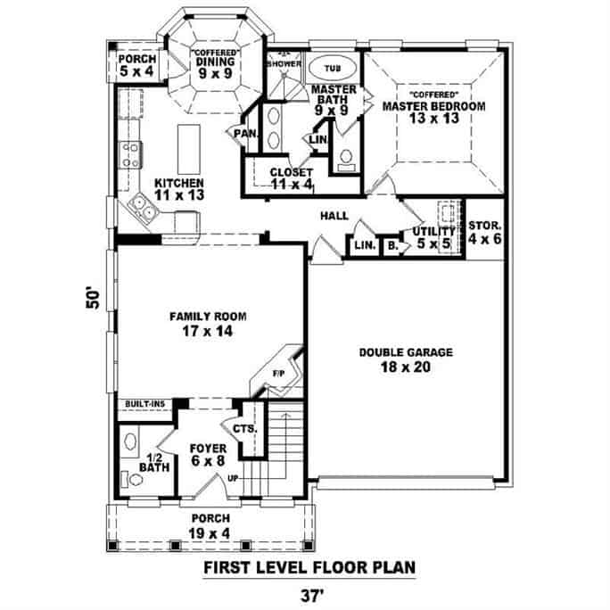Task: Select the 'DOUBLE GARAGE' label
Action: (x=405, y=352)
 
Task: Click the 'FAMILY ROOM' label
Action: (x=208, y=316)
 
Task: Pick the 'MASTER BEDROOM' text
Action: (x=433, y=106)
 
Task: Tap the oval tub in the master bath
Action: (x=333, y=67)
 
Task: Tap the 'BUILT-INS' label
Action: (x=145, y=404)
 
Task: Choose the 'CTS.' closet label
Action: (x=245, y=428)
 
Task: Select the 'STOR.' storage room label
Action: (x=485, y=227)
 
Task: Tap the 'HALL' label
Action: (x=335, y=217)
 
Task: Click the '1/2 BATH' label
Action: (x=155, y=459)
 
